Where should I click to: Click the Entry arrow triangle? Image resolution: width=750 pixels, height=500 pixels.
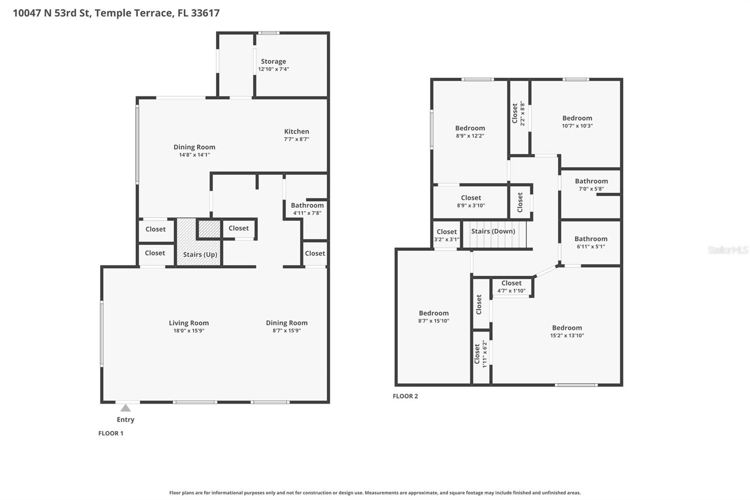[126, 408]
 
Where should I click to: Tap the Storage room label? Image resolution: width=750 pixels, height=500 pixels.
[273, 61]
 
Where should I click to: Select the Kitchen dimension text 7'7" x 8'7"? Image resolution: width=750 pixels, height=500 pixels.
[296, 139]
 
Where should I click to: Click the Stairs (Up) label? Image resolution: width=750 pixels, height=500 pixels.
[200, 255]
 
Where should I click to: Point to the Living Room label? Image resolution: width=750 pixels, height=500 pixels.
[188, 323]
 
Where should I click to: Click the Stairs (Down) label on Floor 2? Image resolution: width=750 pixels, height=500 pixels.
[493, 231]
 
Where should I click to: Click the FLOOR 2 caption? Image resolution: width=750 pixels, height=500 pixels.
[405, 396]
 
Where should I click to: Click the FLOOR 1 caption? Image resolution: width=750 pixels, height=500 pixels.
[111, 433]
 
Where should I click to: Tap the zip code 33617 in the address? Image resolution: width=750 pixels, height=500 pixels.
[205, 13]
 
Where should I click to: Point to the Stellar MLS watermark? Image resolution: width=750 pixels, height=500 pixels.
[727, 250]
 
